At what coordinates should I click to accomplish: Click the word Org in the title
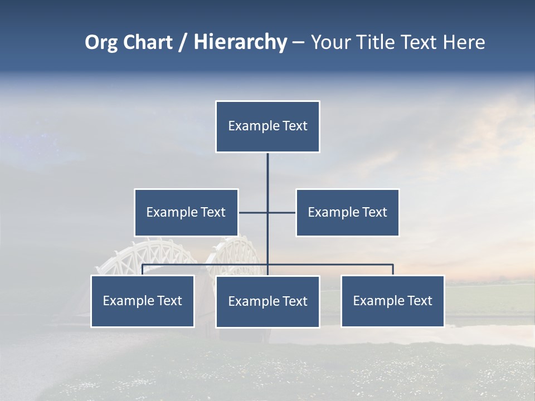click(101, 42)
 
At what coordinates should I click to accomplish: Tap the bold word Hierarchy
click(240, 42)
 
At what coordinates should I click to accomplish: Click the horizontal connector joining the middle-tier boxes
click(281, 212)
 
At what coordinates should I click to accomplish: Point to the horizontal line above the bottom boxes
click(334, 265)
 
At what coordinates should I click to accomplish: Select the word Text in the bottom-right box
click(419, 301)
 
